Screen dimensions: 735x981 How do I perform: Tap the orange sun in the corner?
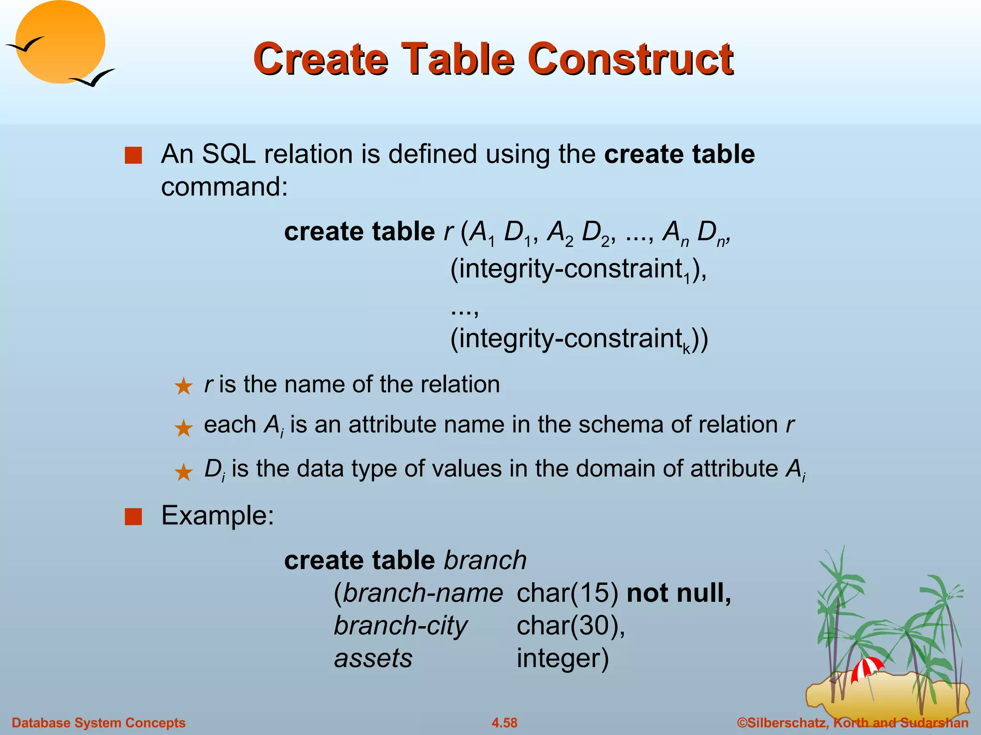[x=60, y=42]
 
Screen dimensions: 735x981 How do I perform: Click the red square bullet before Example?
[x=133, y=517]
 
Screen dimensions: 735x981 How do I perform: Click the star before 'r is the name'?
[x=183, y=386]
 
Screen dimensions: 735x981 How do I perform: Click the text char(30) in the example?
[x=570, y=626]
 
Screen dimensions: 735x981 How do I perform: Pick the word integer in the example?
[x=562, y=658]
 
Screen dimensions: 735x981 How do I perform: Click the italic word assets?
[x=373, y=658]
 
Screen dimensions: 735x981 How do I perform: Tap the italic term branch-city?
[x=400, y=626]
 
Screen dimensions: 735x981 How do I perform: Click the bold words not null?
[x=678, y=593]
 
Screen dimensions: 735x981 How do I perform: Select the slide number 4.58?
[x=504, y=723]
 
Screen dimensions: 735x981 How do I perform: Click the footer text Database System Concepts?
[x=98, y=723]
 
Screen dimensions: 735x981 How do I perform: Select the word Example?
[x=217, y=516]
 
